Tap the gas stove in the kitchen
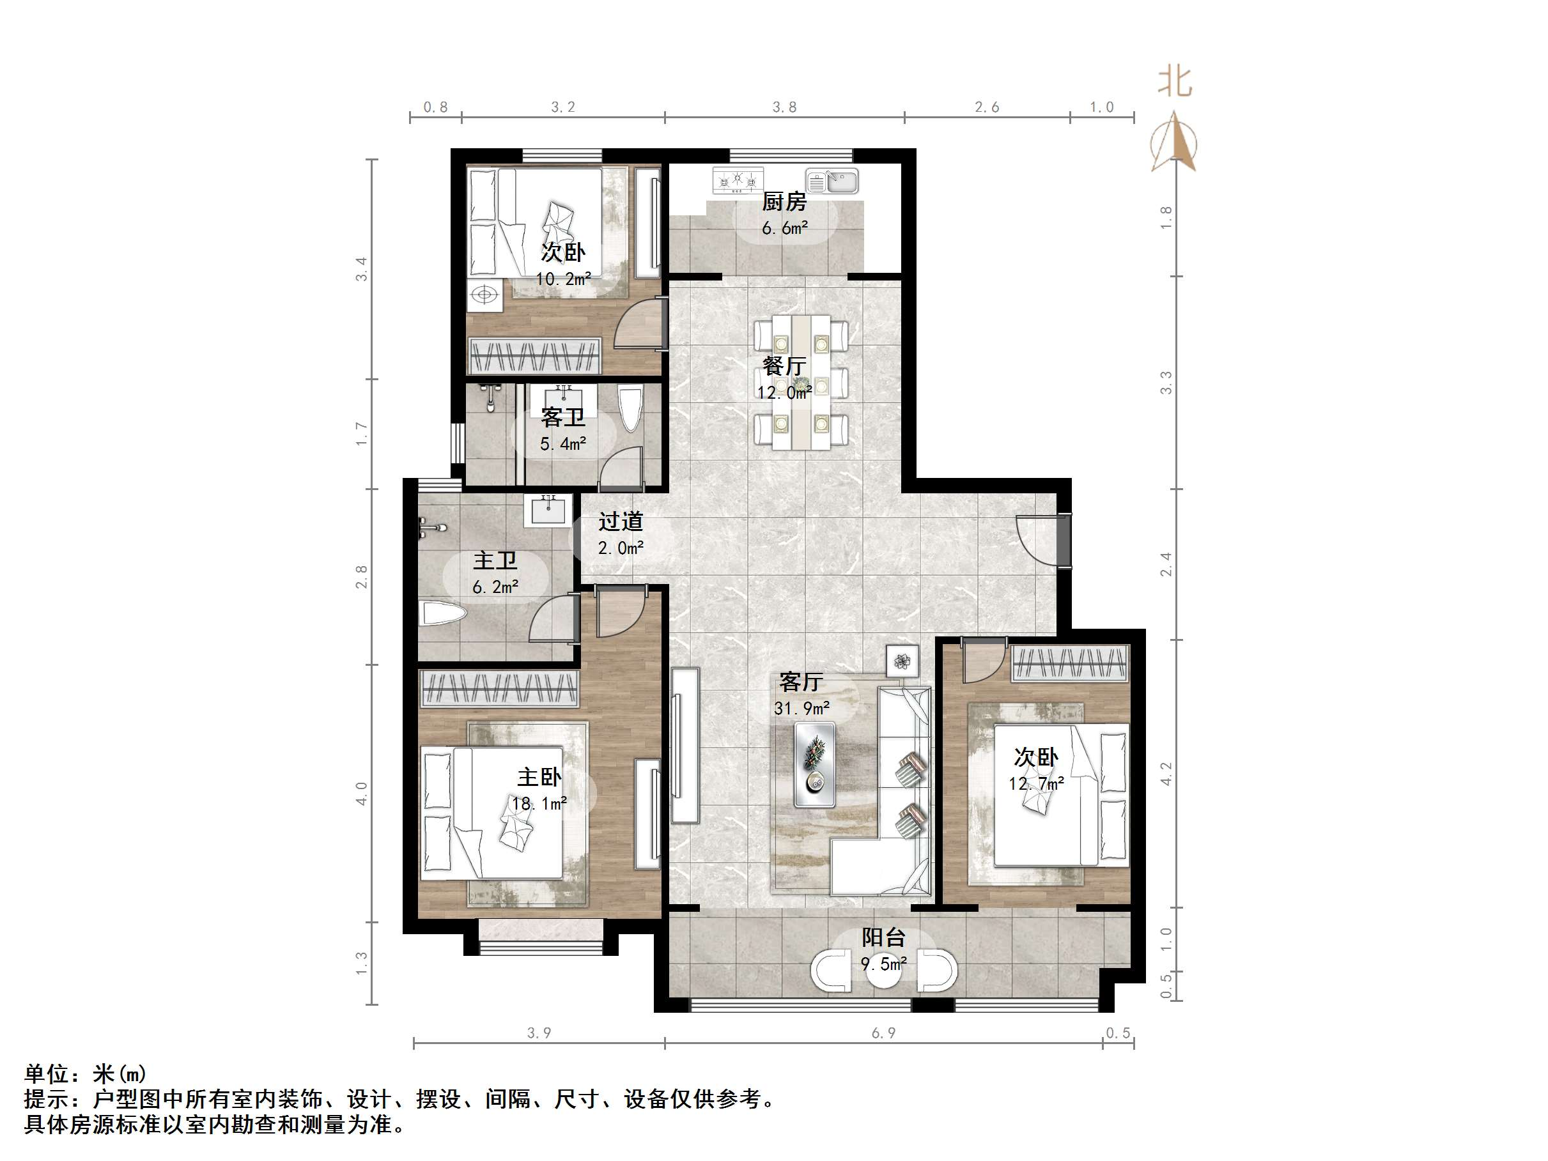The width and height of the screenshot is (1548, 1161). (738, 181)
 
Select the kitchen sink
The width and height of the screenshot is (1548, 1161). (832, 181)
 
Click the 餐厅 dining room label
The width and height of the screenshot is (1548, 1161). (784, 365)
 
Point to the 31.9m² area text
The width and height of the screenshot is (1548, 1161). (801, 708)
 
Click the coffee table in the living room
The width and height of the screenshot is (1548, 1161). (815, 764)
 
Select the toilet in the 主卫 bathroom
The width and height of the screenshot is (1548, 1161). (442, 616)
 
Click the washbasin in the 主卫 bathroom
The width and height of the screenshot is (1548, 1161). (548, 509)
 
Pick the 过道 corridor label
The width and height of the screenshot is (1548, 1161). (620, 521)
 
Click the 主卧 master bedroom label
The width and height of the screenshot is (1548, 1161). (539, 777)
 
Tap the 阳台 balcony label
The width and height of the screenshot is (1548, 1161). (883, 937)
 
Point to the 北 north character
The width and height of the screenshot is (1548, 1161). (1174, 82)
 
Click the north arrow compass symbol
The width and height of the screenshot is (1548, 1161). (1174, 144)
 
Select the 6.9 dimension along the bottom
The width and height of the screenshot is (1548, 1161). (883, 1033)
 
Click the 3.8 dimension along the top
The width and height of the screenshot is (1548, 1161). (784, 107)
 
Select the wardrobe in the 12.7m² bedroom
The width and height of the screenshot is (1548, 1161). (1069, 663)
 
